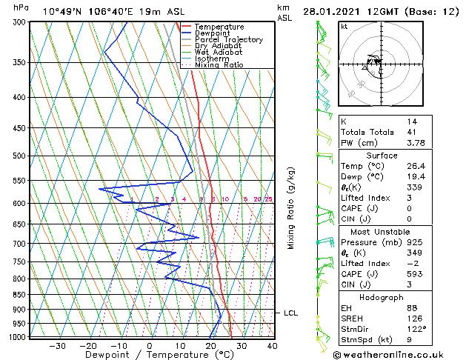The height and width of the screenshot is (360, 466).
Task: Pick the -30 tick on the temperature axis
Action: coord(57,345)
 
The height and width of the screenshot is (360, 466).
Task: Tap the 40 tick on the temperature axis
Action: coord(272,345)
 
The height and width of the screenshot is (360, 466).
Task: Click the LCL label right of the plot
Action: coord(290,313)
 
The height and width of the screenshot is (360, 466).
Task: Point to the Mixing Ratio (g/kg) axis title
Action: coord(291,208)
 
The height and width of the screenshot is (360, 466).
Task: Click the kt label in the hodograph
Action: coord(344,26)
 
